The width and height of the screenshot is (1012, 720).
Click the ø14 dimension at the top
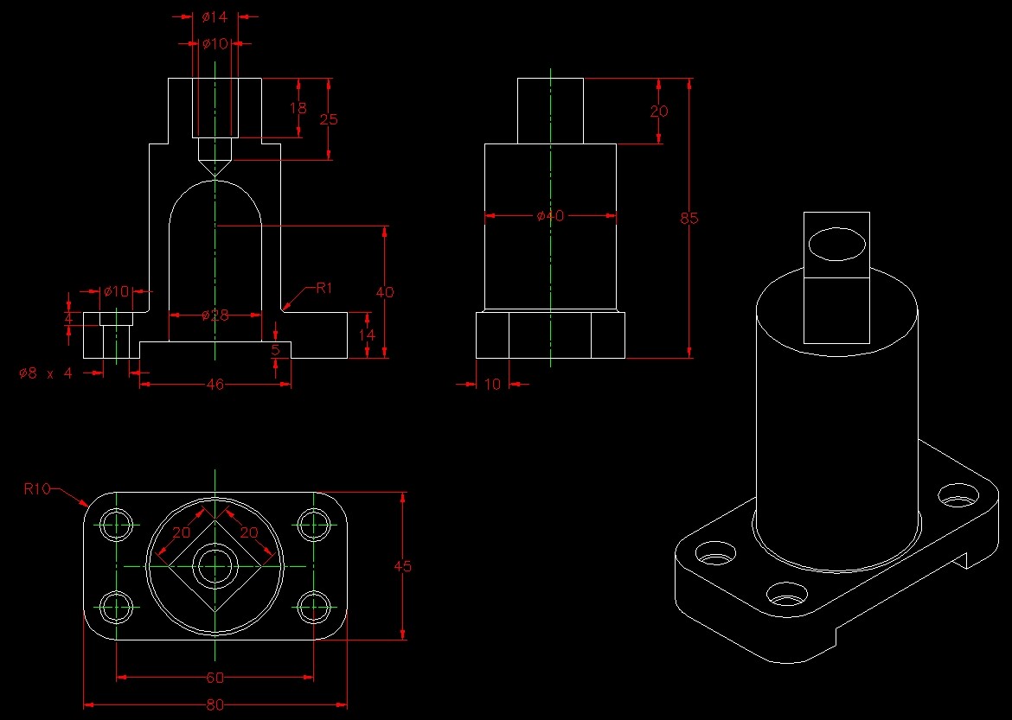pos(215,16)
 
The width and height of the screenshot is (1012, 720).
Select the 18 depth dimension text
pos(298,108)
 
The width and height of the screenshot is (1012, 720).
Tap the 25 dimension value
pos(329,119)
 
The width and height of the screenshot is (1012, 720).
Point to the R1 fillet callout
pos(323,288)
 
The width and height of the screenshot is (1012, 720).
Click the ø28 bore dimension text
pos(215,315)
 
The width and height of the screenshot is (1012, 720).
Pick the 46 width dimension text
pos(215,384)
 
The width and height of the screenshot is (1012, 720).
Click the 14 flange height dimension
pos(368,334)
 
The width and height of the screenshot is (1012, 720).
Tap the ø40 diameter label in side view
pos(549,216)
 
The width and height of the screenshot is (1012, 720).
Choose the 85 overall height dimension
pos(689,219)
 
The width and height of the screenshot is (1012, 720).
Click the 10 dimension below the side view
pos(492,384)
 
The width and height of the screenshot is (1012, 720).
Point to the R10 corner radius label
pos(37,489)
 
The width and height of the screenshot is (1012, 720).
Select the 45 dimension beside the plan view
pos(403,567)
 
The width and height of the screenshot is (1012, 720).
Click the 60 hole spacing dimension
pos(215,677)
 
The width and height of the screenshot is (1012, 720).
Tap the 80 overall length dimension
pos(215,705)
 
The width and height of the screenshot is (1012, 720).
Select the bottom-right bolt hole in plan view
pos(313,608)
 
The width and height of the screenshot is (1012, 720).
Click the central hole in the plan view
pos(215,566)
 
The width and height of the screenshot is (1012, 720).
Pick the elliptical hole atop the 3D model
pos(836,245)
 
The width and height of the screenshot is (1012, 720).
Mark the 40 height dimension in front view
pos(385,292)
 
